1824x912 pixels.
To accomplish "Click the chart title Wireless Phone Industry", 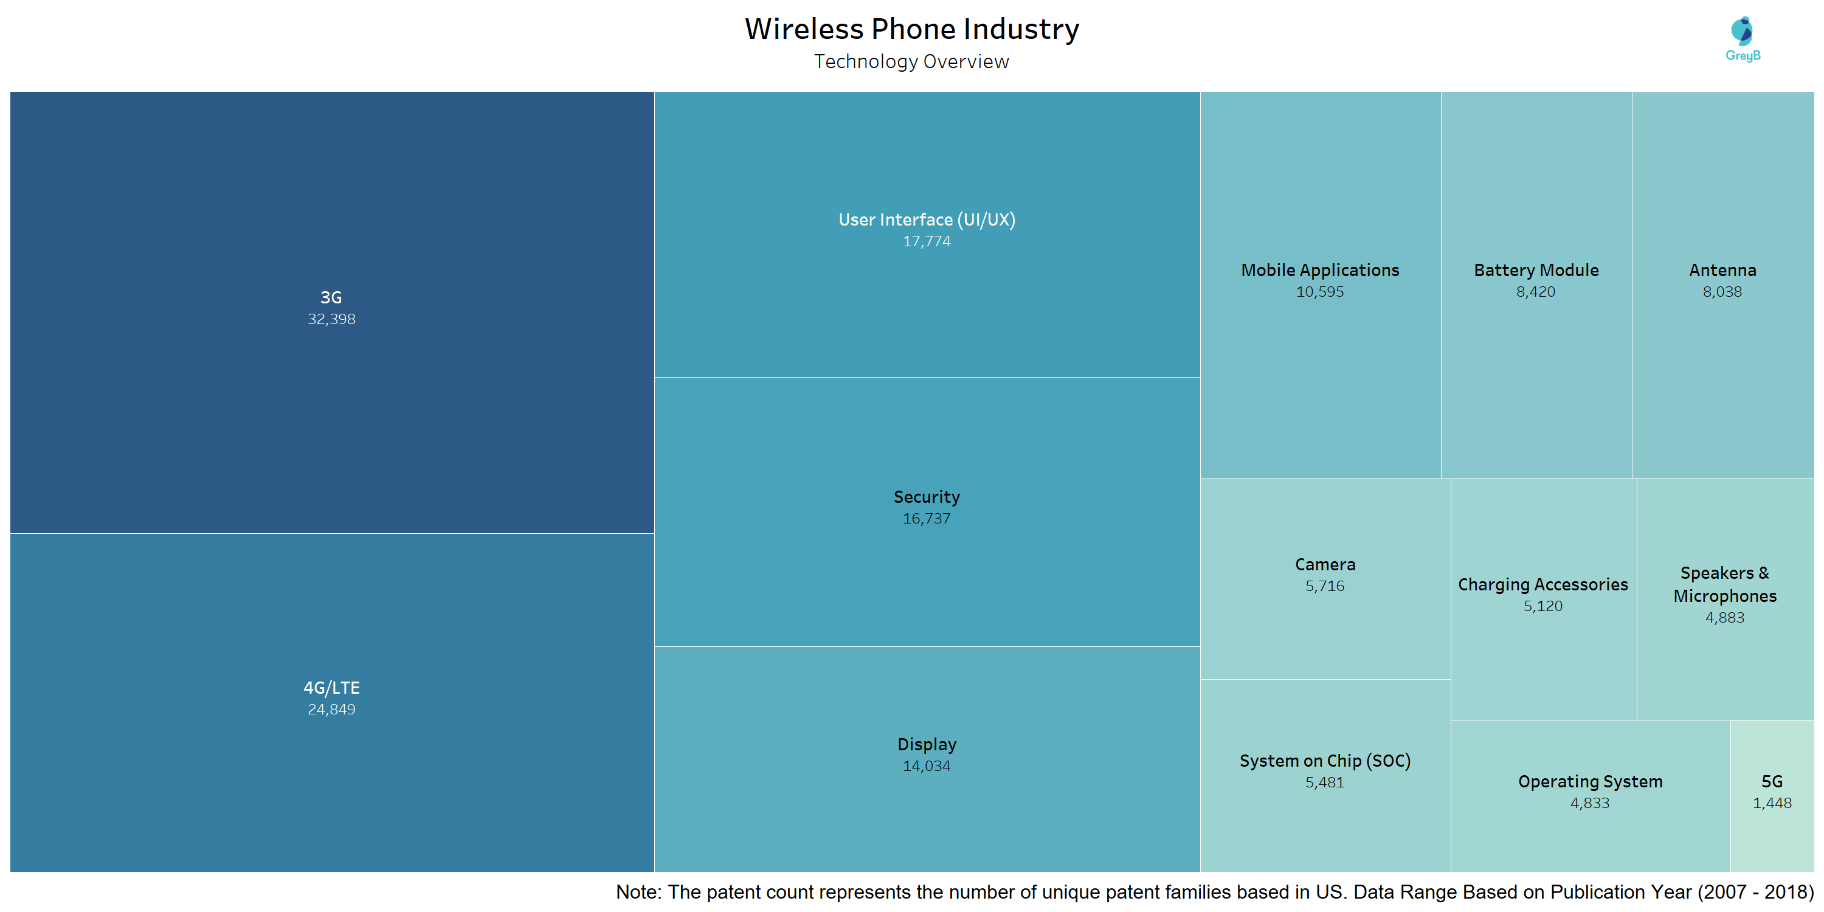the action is click(912, 29).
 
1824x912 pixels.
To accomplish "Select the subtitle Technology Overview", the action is click(912, 61).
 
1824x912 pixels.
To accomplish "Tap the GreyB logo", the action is click(1743, 39).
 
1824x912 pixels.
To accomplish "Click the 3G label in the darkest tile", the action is click(331, 297).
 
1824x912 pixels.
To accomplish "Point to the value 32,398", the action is click(331, 319).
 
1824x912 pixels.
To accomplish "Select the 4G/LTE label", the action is click(331, 688).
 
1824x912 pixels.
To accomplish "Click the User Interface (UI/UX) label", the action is click(927, 219).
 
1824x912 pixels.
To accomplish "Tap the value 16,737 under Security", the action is click(927, 519).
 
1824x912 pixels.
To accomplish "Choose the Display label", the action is click(927, 745).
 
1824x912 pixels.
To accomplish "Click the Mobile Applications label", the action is click(1320, 271).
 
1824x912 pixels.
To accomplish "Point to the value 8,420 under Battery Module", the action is click(1536, 292).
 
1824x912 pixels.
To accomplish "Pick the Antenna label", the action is click(1722, 270).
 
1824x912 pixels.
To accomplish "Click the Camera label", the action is click(1325, 564).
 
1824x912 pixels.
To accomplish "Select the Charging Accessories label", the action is click(1543, 585).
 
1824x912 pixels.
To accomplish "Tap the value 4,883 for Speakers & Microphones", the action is click(1725, 618).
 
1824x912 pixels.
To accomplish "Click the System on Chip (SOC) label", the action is click(1325, 761).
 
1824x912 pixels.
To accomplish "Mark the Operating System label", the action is click(1591, 782).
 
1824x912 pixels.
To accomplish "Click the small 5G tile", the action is click(1772, 796).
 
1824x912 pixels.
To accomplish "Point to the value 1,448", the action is click(1772, 804).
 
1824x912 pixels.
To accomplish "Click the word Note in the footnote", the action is click(638, 892).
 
